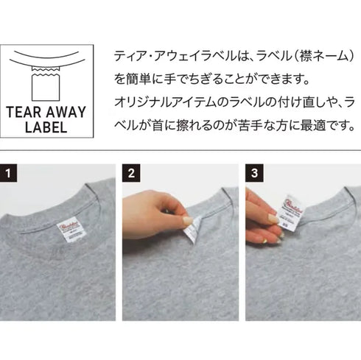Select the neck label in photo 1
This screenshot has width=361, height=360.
[71, 229]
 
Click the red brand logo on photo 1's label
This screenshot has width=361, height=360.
[71, 224]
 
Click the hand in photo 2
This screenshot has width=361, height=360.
[155, 213]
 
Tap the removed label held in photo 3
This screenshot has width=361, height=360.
[293, 210]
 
